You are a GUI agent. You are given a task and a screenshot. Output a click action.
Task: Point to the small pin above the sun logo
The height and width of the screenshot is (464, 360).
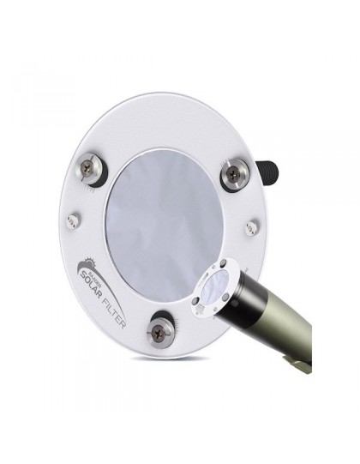(x=74, y=220)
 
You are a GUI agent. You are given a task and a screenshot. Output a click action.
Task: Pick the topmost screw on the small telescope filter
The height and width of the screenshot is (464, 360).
(x=224, y=264)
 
